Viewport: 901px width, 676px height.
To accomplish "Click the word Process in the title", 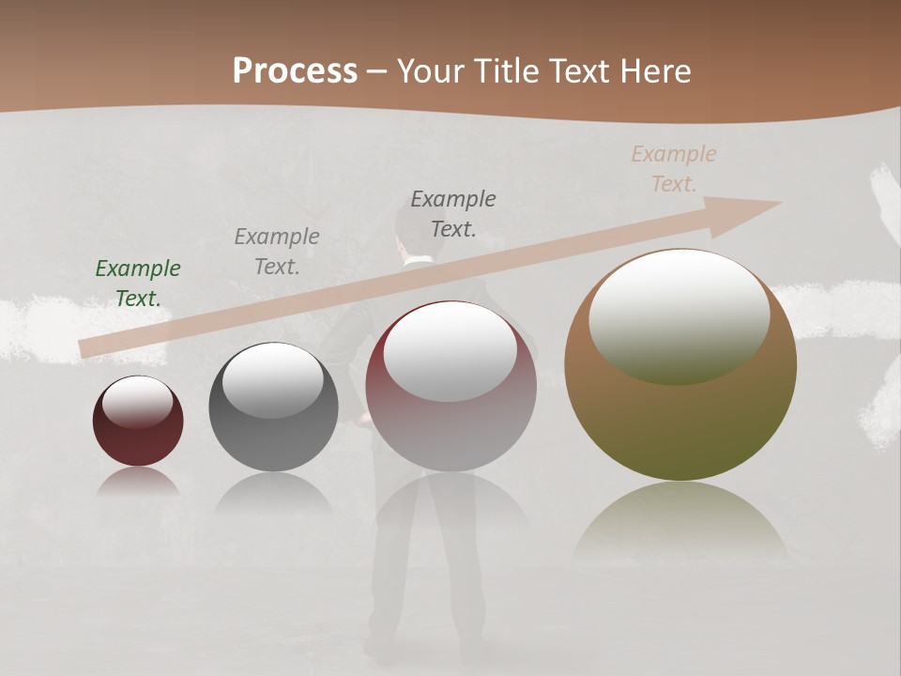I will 295,71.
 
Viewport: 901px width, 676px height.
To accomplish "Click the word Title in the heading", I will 507,71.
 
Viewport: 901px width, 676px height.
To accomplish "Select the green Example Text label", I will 138,284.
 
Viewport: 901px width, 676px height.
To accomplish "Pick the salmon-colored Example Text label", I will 673,169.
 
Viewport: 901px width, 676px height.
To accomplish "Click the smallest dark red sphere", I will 138,422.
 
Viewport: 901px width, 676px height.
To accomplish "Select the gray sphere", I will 273,407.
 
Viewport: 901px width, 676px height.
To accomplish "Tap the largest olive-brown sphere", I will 680,364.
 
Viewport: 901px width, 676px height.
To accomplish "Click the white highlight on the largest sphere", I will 679,317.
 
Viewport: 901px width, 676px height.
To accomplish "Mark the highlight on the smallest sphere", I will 137,402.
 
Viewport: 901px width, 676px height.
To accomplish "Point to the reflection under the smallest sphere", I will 138,482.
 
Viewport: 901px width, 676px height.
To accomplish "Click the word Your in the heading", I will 432,71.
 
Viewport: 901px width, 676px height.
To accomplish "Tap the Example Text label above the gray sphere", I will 277,252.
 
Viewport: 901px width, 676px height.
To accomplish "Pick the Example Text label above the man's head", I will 453,213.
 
